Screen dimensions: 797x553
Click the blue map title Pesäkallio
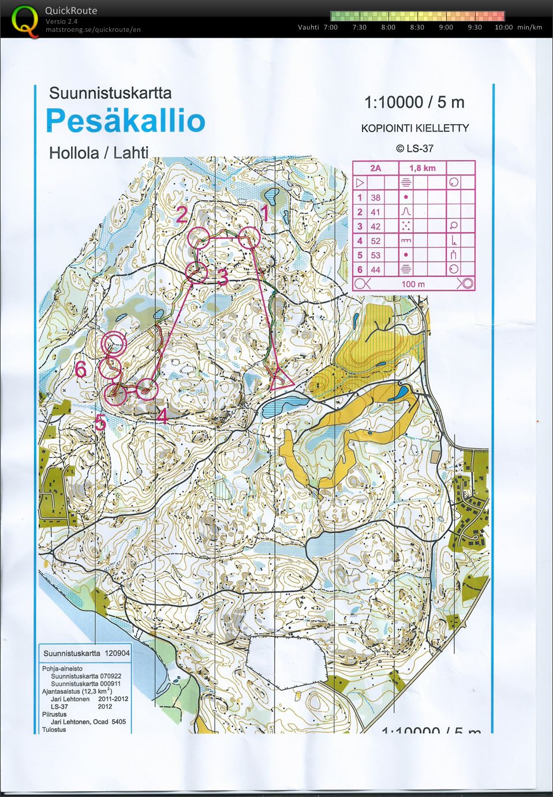[125, 121]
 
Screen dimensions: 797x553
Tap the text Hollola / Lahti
[99, 153]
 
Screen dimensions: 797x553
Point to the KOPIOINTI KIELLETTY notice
[414, 128]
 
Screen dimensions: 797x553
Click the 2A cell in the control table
[375, 168]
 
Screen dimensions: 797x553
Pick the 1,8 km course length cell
[422, 168]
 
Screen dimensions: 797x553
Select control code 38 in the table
[375, 197]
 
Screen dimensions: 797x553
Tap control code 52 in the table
[375, 241]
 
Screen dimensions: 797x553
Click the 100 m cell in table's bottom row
[413, 283]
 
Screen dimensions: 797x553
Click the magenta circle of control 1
[250, 237]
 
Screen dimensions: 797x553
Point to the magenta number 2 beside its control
[182, 215]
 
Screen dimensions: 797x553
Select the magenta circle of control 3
[197, 272]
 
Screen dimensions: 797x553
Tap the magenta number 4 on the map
[162, 416]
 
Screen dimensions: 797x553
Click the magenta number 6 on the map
[81, 369]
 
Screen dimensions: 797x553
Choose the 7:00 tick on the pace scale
[331, 27]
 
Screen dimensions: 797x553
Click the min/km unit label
[529, 27]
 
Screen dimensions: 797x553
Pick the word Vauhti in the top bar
[308, 27]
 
